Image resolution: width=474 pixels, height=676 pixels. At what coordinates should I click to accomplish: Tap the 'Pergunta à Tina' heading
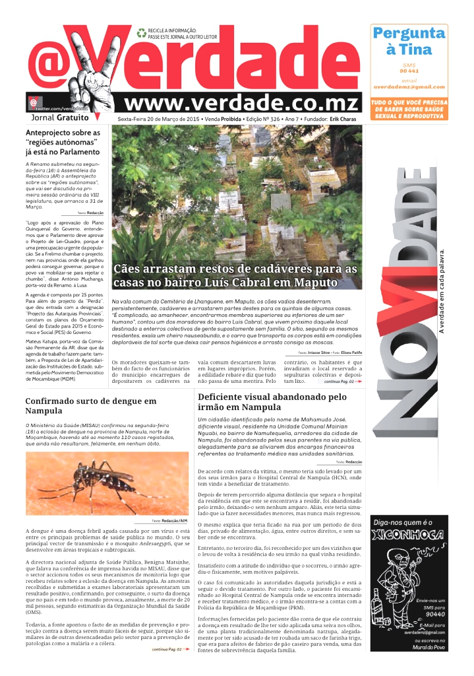click(x=409, y=41)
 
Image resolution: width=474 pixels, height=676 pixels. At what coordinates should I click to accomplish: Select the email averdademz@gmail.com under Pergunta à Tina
click(x=409, y=86)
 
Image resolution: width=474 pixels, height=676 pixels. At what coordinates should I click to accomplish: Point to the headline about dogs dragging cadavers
click(x=235, y=277)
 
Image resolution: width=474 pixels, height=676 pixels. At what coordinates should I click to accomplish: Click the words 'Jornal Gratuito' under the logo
click(x=59, y=118)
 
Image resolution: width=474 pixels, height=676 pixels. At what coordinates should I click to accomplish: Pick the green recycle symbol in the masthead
click(x=141, y=32)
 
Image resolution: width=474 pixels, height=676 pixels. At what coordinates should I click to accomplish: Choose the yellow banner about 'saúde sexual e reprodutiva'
click(x=409, y=110)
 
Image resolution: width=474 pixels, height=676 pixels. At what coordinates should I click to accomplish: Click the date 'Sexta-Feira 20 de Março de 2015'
click(x=158, y=119)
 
